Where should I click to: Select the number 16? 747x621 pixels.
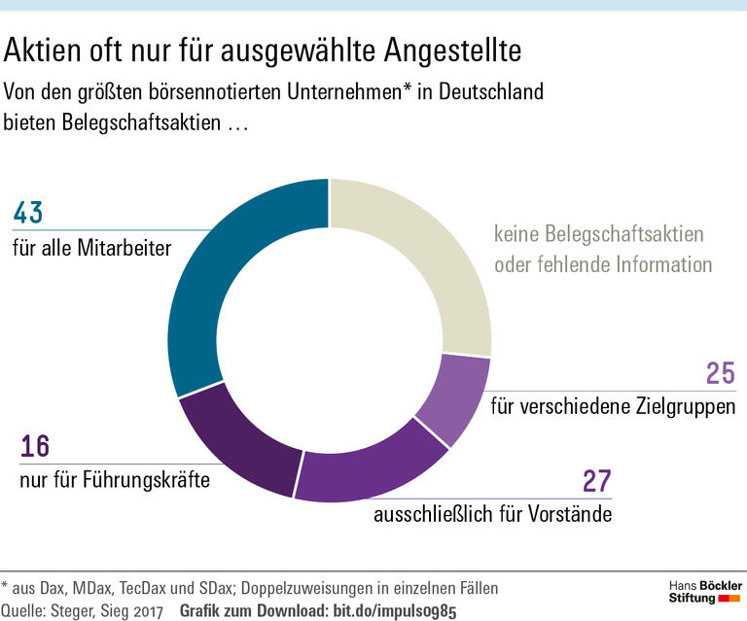[x=35, y=448]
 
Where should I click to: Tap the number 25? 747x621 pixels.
[x=720, y=374]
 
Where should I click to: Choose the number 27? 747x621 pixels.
[x=596, y=481]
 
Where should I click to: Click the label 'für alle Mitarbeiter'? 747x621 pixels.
[x=91, y=249]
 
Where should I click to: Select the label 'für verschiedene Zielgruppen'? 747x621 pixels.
[x=613, y=406]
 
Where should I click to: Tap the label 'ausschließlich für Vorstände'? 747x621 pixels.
[x=492, y=514]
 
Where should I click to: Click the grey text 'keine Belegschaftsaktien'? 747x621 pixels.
[x=598, y=234]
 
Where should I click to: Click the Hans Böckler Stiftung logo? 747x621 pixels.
[x=705, y=592]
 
